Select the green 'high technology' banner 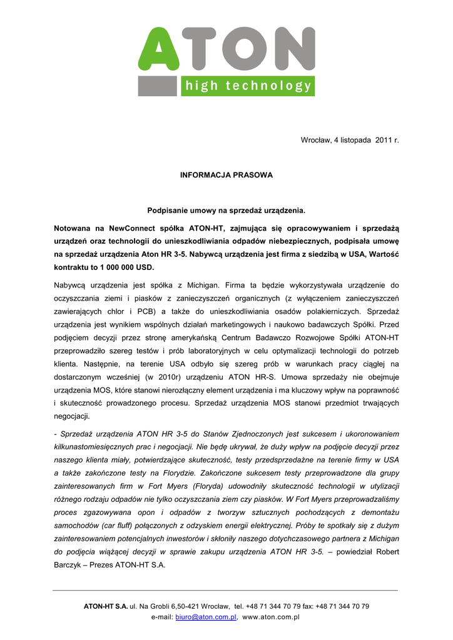click(248, 86)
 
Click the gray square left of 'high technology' click(159, 86)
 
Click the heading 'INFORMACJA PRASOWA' click(227, 175)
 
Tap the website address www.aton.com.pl click(272, 617)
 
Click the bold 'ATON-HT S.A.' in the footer click(106, 606)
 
